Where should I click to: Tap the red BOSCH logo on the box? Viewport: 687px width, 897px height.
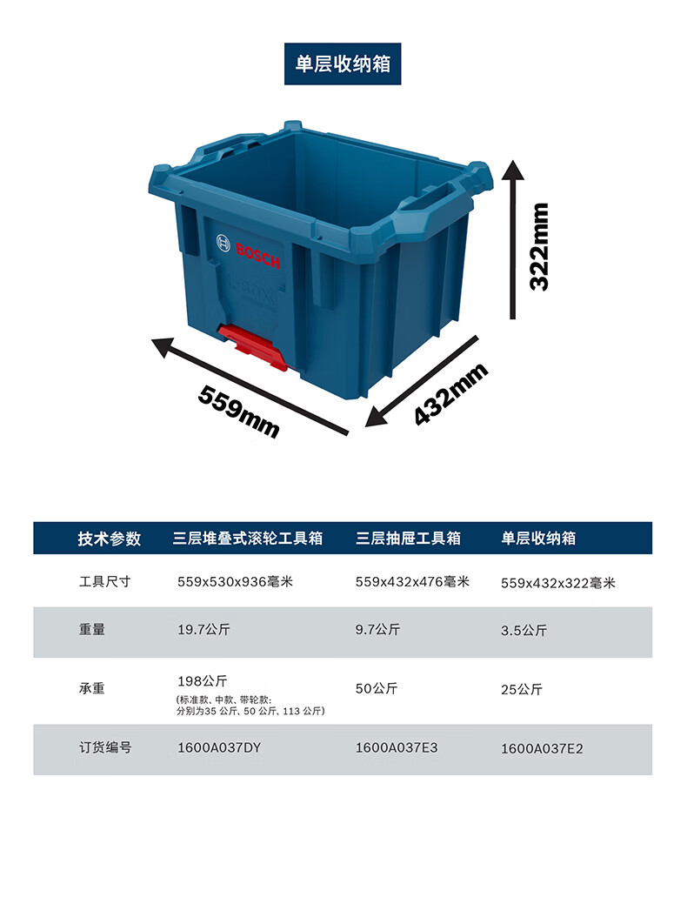click(x=257, y=255)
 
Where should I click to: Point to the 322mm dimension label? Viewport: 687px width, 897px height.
click(x=539, y=246)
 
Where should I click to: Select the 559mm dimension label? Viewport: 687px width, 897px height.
click(x=239, y=411)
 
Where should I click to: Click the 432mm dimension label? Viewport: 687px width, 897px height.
click(x=450, y=393)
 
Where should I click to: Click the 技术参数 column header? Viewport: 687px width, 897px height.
click(x=109, y=539)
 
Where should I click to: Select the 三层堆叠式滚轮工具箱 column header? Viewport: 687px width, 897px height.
click(x=247, y=539)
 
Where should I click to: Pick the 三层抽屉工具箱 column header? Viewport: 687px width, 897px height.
click(x=408, y=539)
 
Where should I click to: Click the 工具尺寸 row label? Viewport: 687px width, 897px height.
click(x=104, y=580)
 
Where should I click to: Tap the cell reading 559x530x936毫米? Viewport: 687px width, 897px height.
click(x=235, y=581)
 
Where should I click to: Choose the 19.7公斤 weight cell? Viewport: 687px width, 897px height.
click(x=202, y=630)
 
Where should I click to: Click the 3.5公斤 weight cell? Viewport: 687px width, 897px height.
click(x=524, y=631)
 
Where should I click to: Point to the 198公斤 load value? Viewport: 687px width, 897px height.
click(x=202, y=680)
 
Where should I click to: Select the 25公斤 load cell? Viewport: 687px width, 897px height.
click(x=522, y=689)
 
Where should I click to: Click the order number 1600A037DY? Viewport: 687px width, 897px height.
click(x=219, y=746)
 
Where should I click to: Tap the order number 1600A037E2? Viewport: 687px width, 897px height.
click(x=542, y=747)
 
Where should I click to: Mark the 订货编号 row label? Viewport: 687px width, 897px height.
click(x=104, y=746)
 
